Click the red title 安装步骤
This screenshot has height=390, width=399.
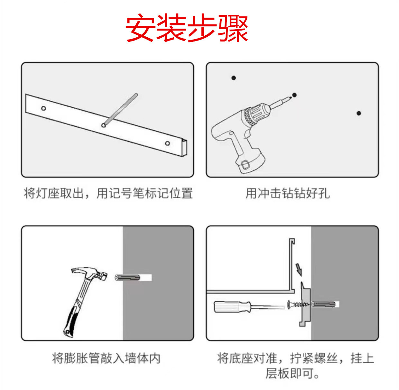point(187,28)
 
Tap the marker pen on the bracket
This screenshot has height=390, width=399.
point(120,110)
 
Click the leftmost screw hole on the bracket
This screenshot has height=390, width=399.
point(43,108)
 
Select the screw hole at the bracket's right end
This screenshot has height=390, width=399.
point(167,143)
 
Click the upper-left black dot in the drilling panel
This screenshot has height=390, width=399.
point(234,78)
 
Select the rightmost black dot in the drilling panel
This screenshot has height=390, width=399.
point(359,113)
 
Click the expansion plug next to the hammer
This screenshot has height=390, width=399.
point(127,277)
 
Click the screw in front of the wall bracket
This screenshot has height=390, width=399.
point(298,304)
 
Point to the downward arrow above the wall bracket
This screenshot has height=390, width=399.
point(299,270)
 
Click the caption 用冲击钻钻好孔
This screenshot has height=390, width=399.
point(288,193)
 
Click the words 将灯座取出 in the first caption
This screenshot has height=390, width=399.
point(54,193)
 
